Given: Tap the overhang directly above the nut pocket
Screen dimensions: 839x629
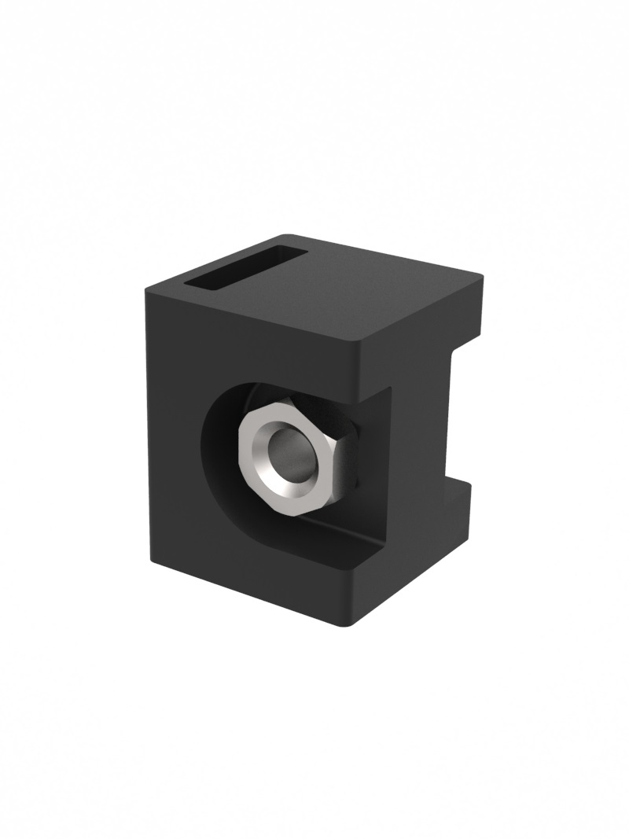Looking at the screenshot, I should pyautogui.click(x=314, y=370).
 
